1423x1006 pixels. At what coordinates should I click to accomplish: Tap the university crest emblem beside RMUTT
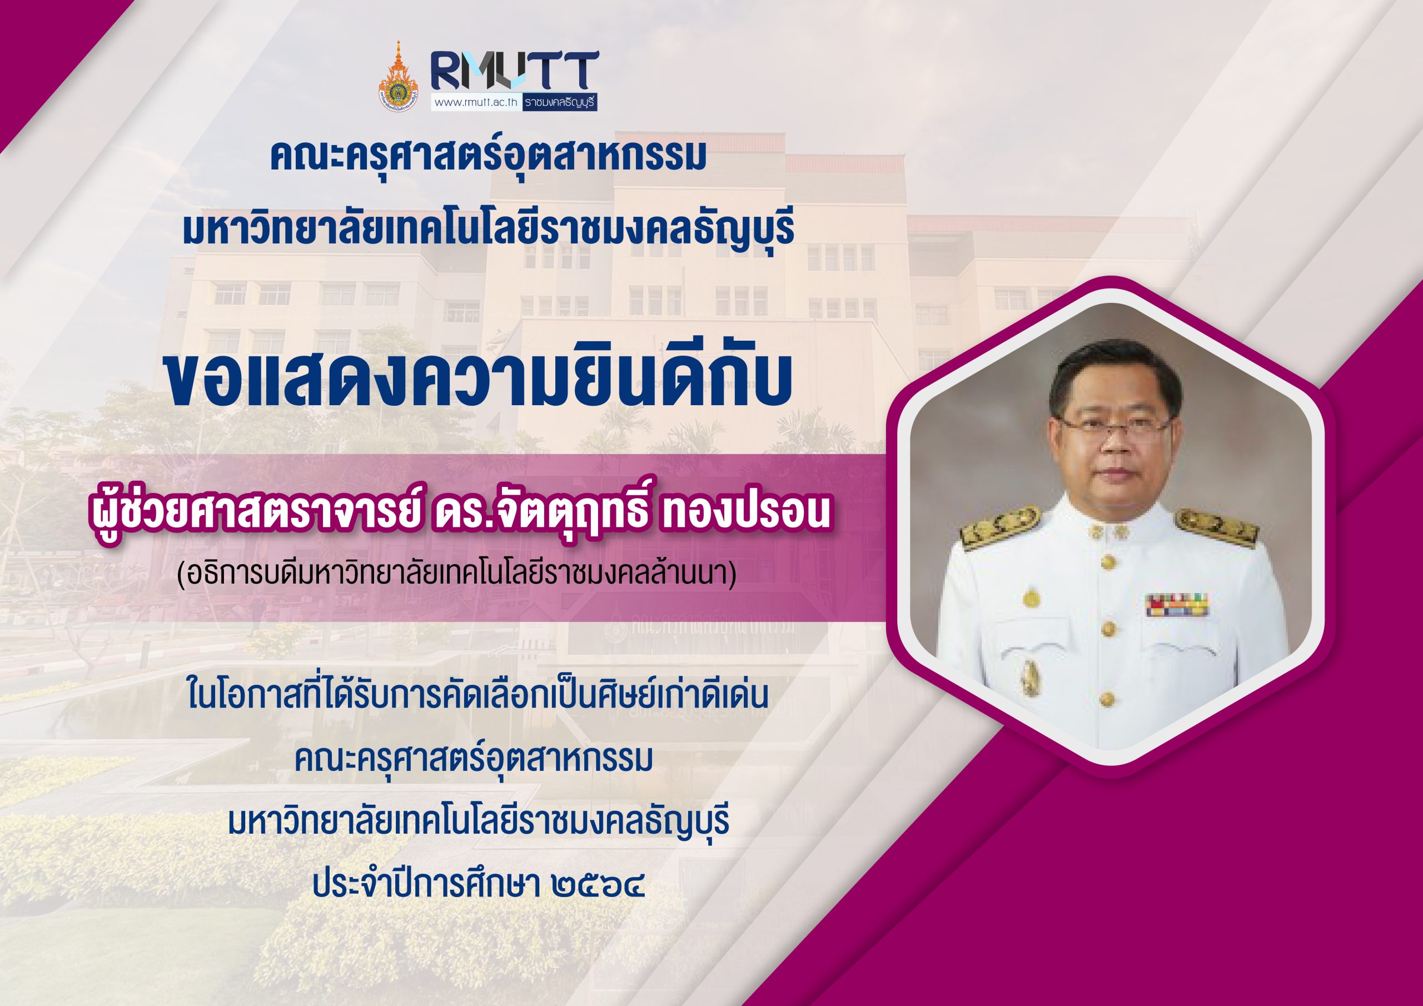tap(398, 76)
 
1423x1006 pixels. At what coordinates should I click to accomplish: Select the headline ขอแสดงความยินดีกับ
tap(479, 381)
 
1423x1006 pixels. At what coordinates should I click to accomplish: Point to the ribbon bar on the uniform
tap(1177, 604)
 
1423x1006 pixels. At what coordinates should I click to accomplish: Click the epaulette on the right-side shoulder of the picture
tap(1217, 529)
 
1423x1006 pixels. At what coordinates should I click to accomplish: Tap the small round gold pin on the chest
tap(1030, 598)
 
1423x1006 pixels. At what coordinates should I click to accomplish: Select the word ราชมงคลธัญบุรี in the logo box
tap(559, 103)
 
